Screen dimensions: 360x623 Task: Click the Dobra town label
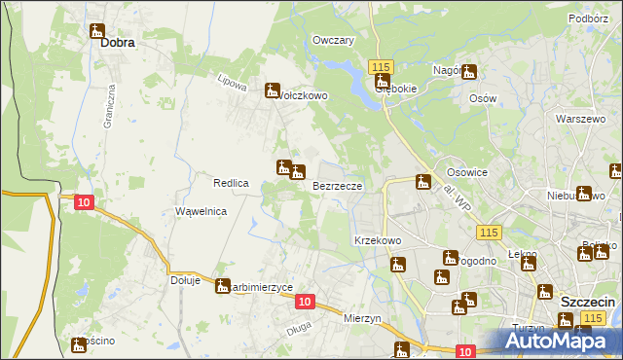115,44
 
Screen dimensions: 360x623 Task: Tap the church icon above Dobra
97,31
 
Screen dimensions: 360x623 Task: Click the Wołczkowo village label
303,96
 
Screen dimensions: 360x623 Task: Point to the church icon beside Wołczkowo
273,90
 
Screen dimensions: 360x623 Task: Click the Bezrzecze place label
339,185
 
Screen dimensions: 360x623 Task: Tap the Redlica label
232,183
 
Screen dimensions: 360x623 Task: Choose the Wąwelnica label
201,210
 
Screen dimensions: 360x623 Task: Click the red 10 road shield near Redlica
85,201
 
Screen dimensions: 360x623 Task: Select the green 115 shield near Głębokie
380,65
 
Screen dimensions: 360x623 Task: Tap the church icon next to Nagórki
470,71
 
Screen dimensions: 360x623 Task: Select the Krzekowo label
378,239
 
